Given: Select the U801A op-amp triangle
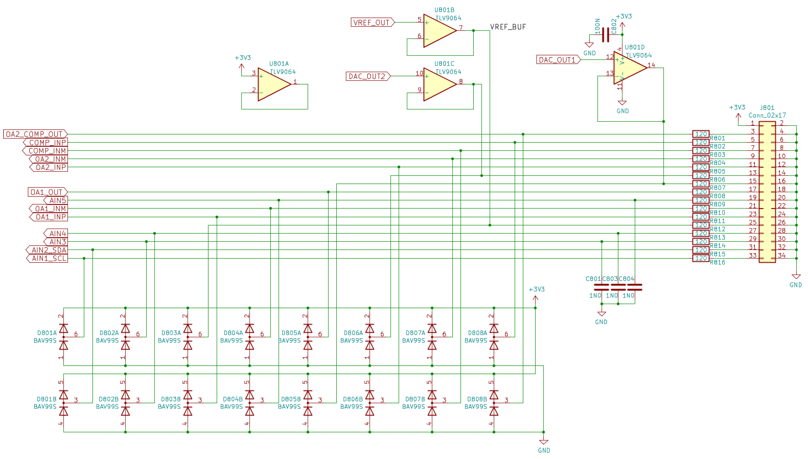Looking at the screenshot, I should point(273,84).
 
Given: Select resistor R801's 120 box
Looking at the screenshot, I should point(701,134).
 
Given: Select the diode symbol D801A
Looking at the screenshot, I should point(64,337).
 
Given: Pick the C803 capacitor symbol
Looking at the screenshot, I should point(618,287).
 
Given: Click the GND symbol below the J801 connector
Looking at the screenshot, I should point(796,277).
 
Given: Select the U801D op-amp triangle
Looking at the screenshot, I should point(629,68).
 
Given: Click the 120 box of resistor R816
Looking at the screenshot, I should point(701,258).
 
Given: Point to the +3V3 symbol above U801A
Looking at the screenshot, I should point(242,66).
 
